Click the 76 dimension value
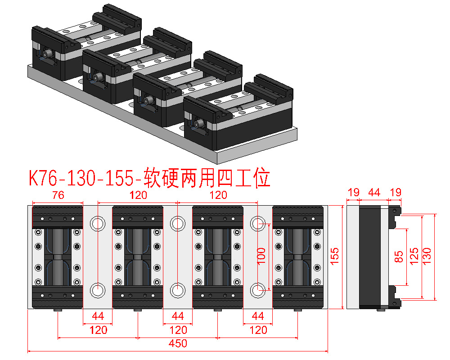pos(58,195)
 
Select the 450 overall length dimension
pos(178,344)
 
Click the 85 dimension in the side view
pos(399,256)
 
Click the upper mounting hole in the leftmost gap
pos(97,223)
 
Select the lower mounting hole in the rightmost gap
pos(258,290)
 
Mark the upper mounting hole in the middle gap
pos(177,223)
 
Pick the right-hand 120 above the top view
pos(218,195)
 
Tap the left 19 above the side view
pos(353,193)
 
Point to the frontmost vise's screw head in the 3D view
pos(198,123)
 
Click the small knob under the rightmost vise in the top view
pos(297,311)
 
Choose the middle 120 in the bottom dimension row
pos(178,330)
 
